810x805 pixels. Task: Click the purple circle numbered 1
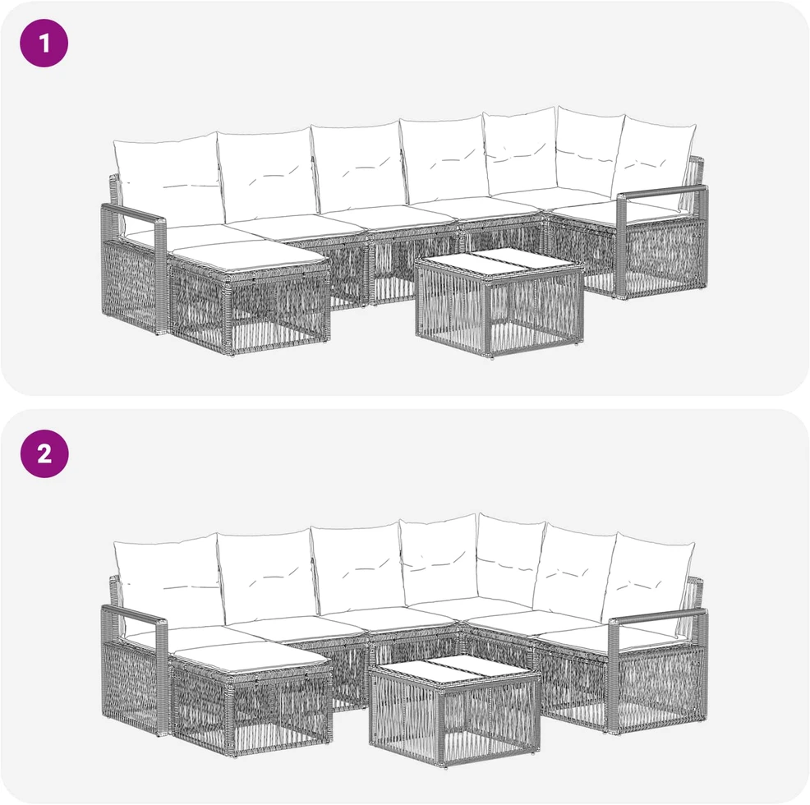[44, 43]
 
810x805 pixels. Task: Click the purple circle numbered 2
[44, 453]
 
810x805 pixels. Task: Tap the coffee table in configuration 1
[499, 302]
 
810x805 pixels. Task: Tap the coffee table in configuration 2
[454, 711]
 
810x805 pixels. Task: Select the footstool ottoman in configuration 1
[250, 297]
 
